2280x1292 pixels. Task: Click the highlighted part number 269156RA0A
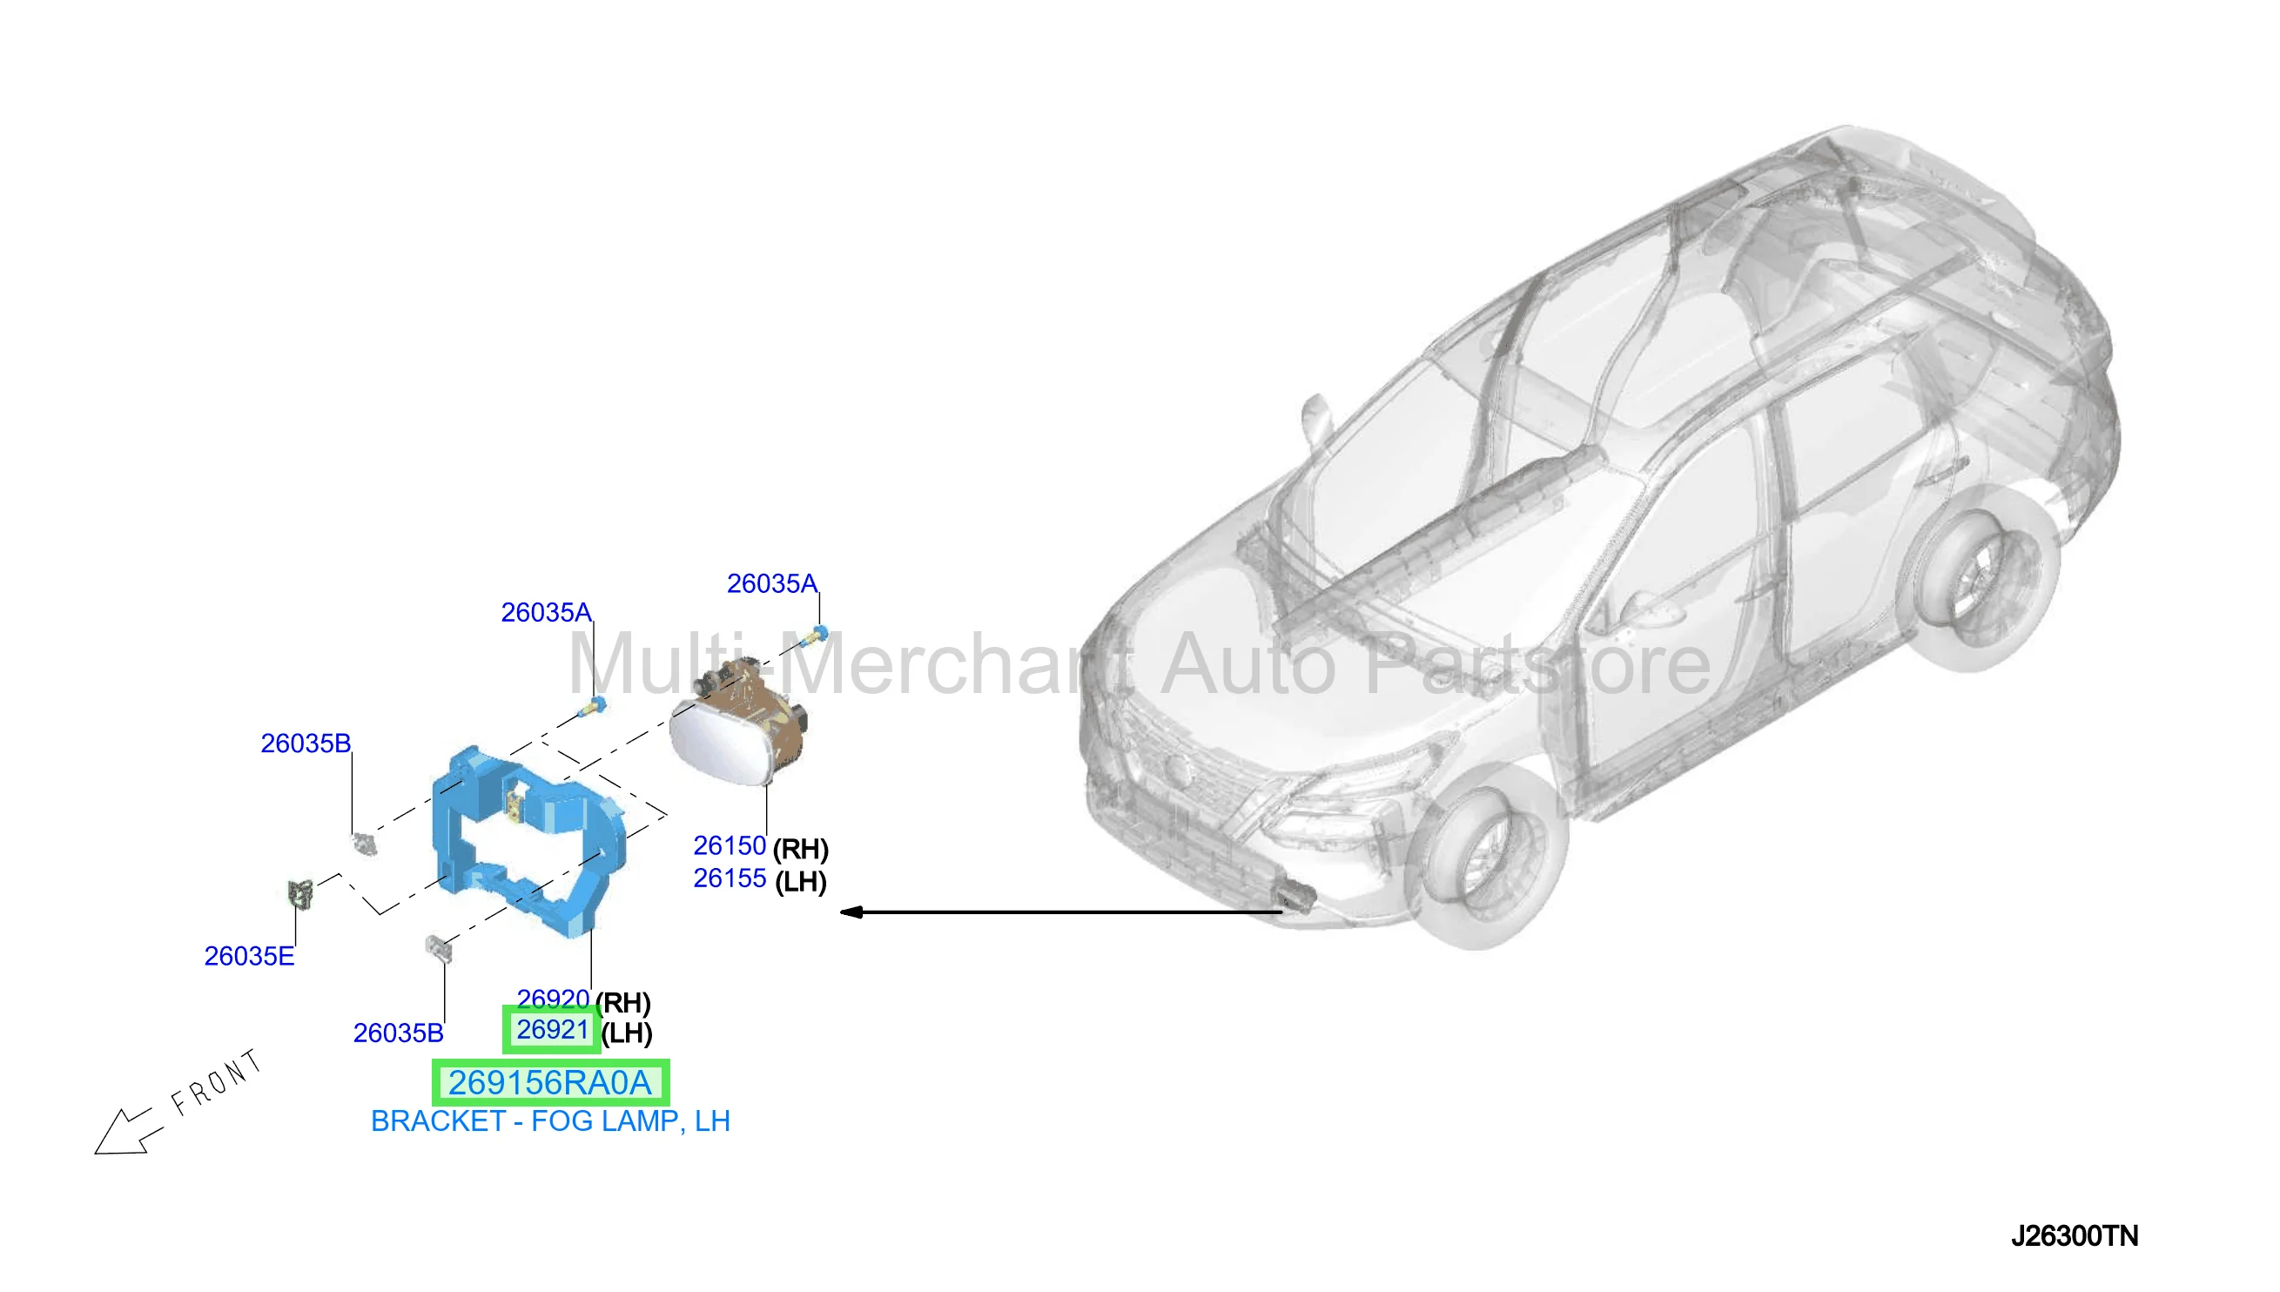coord(550,1082)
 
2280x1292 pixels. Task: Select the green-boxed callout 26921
coord(552,1029)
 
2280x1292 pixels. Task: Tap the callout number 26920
coord(552,999)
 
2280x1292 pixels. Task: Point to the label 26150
coord(730,845)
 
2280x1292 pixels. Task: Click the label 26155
coord(730,878)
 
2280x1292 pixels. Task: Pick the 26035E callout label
coord(249,956)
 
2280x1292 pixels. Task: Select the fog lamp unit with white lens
coord(739,723)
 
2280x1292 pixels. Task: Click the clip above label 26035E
coord(300,893)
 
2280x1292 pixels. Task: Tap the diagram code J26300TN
coord(2075,1236)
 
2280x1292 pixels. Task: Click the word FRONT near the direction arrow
coord(217,1081)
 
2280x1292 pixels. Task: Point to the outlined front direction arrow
coord(129,1133)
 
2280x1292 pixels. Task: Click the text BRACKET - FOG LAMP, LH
coord(550,1120)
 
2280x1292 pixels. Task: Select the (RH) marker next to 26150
coord(800,849)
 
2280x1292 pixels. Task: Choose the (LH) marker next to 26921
coord(626,1033)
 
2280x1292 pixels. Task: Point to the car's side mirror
coord(1315,418)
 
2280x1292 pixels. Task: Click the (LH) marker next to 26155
coord(800,882)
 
